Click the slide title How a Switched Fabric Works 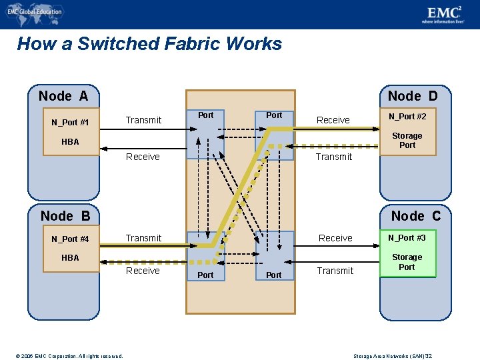point(149,44)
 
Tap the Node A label point(63,96)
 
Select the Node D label point(413,96)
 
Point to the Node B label point(65,216)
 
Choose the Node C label point(416,216)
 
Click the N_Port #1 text point(70,123)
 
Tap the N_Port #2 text point(407,117)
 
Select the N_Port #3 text point(407,237)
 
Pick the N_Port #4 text point(70,239)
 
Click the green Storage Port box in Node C point(407,262)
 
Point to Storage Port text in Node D point(407,141)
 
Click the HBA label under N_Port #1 point(70,141)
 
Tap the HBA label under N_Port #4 point(70,257)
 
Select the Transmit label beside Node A point(143,120)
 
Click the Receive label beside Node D point(333,120)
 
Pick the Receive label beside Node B point(143,271)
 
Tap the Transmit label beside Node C point(335,271)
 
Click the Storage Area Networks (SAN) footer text point(393,356)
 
